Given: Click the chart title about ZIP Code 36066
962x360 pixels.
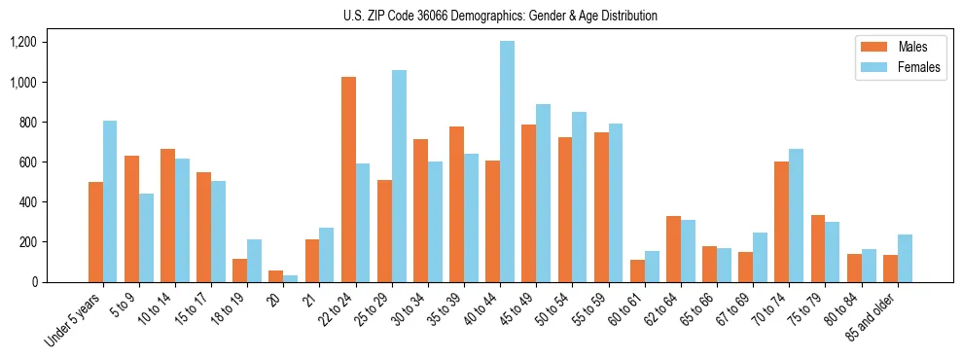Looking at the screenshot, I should click(x=500, y=16).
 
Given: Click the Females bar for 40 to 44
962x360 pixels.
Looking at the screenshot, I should click(x=507, y=162).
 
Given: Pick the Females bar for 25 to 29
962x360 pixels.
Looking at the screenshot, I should click(x=399, y=176).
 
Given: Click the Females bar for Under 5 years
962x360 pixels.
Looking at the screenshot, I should click(x=110, y=201).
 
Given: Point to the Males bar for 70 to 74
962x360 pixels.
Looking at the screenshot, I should click(x=781, y=222).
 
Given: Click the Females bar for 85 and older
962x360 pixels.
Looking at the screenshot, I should click(x=905, y=258).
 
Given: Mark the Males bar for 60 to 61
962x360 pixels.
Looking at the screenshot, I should click(x=637, y=270).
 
